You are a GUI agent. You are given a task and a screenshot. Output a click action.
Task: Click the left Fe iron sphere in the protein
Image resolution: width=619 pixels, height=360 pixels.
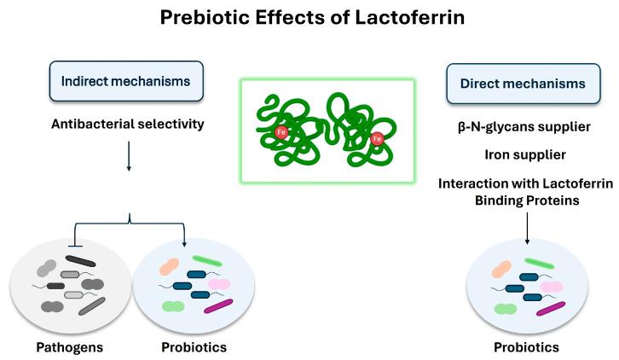pos(282,132)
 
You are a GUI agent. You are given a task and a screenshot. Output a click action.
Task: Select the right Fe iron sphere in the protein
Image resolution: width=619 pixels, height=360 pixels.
pos(378,138)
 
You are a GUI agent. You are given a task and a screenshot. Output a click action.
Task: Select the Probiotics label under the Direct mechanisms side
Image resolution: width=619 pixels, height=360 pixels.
pos(526,347)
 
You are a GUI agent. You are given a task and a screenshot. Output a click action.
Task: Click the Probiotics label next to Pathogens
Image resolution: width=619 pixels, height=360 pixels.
pos(194,347)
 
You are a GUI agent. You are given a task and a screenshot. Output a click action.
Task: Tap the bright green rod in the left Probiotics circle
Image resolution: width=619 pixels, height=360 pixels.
pos(207,260)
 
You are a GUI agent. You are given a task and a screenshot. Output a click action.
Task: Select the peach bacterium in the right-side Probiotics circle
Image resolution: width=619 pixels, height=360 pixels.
pos(502,270)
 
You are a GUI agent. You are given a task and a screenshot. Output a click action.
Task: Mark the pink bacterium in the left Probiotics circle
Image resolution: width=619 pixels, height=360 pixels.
pos(219,284)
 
